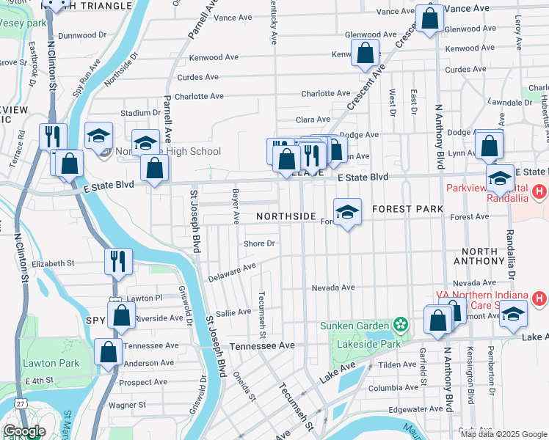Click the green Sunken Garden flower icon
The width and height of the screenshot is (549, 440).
pyautogui.click(x=400, y=324)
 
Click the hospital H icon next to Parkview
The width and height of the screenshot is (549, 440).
pyautogui.click(x=539, y=193)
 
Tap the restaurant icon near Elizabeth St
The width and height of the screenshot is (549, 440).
pyautogui.click(x=117, y=261)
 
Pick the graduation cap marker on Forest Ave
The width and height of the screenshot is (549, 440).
pyautogui.click(x=348, y=213)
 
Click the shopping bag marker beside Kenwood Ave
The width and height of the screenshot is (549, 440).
pyautogui.click(x=365, y=54)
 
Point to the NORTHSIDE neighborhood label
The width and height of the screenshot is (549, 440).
pyautogui.click(x=286, y=217)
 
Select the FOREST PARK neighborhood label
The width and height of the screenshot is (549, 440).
pyautogui.click(x=407, y=209)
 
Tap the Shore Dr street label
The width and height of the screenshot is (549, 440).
pyautogui.click(x=260, y=243)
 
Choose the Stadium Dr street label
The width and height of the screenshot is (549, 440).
pyautogui.click(x=140, y=113)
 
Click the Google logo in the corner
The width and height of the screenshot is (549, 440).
pyautogui.click(x=23, y=431)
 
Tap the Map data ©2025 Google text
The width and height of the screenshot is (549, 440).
pyautogui.click(x=503, y=434)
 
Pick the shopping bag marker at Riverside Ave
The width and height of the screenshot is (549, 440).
pyautogui.click(x=121, y=315)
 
